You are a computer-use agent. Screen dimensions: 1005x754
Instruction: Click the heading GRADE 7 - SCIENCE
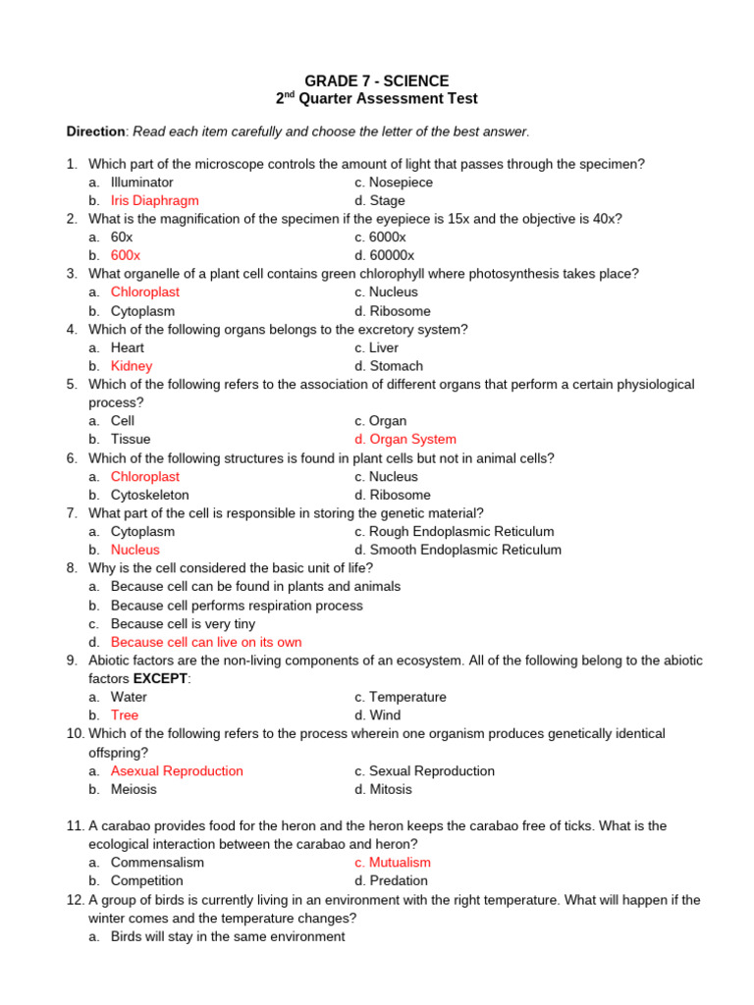[377, 80]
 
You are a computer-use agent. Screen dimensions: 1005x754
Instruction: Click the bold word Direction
[96, 132]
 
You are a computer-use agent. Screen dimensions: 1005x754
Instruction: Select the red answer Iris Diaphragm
[154, 200]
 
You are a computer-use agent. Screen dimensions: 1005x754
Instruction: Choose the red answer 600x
[126, 255]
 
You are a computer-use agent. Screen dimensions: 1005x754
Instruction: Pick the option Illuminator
[141, 182]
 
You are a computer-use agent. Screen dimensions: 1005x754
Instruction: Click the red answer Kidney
[132, 366]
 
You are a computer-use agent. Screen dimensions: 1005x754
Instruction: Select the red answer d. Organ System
[405, 440]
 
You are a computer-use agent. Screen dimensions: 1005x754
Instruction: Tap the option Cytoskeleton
[149, 495]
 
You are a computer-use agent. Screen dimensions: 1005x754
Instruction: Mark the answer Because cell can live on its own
[206, 642]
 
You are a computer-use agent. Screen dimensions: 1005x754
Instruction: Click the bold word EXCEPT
[160, 678]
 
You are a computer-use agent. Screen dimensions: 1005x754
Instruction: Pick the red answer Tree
[125, 715]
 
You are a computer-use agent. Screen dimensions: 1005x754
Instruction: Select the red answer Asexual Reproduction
[177, 770]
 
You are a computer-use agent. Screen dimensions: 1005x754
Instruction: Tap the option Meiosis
[134, 789]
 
